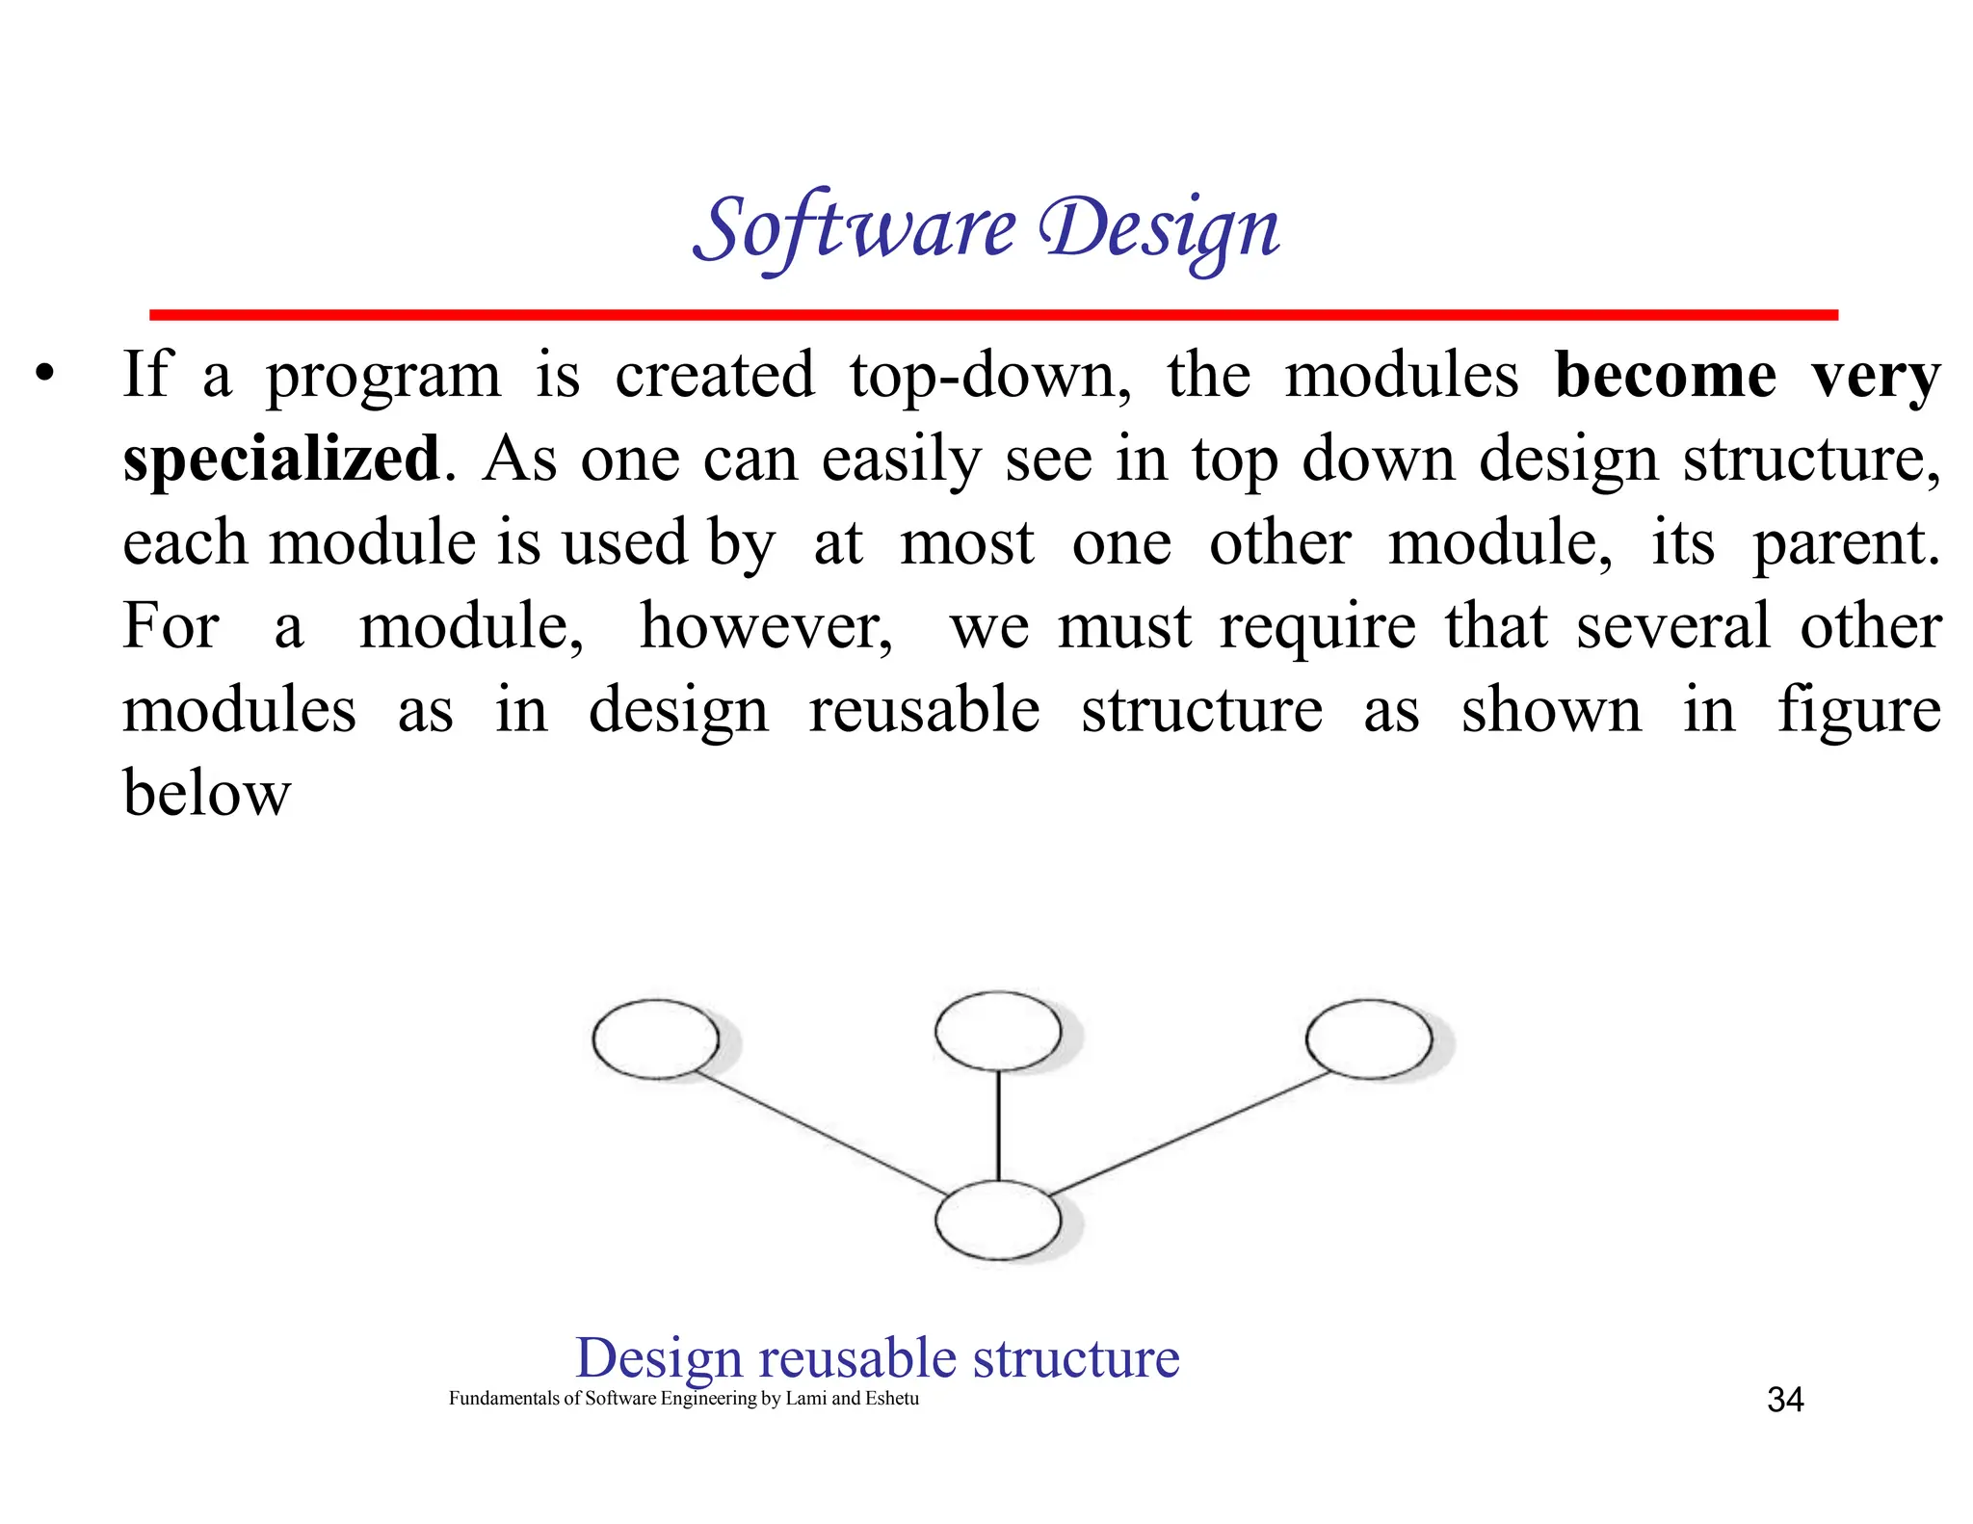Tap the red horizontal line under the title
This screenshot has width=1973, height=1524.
tap(992, 315)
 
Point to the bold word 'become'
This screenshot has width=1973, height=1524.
tap(1665, 375)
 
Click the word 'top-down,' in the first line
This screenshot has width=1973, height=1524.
tap(990, 375)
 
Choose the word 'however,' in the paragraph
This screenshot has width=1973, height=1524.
tap(766, 627)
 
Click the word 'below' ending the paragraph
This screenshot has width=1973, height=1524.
tap(206, 794)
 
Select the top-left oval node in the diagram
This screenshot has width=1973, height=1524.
tap(656, 1038)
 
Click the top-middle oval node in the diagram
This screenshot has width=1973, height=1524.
tap(998, 1031)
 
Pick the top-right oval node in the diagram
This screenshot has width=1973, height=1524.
tap(1369, 1038)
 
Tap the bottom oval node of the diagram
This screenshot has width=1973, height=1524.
tap(998, 1220)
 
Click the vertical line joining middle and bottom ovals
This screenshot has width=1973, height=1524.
tap(998, 1125)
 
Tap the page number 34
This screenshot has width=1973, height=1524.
tap(1785, 1400)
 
